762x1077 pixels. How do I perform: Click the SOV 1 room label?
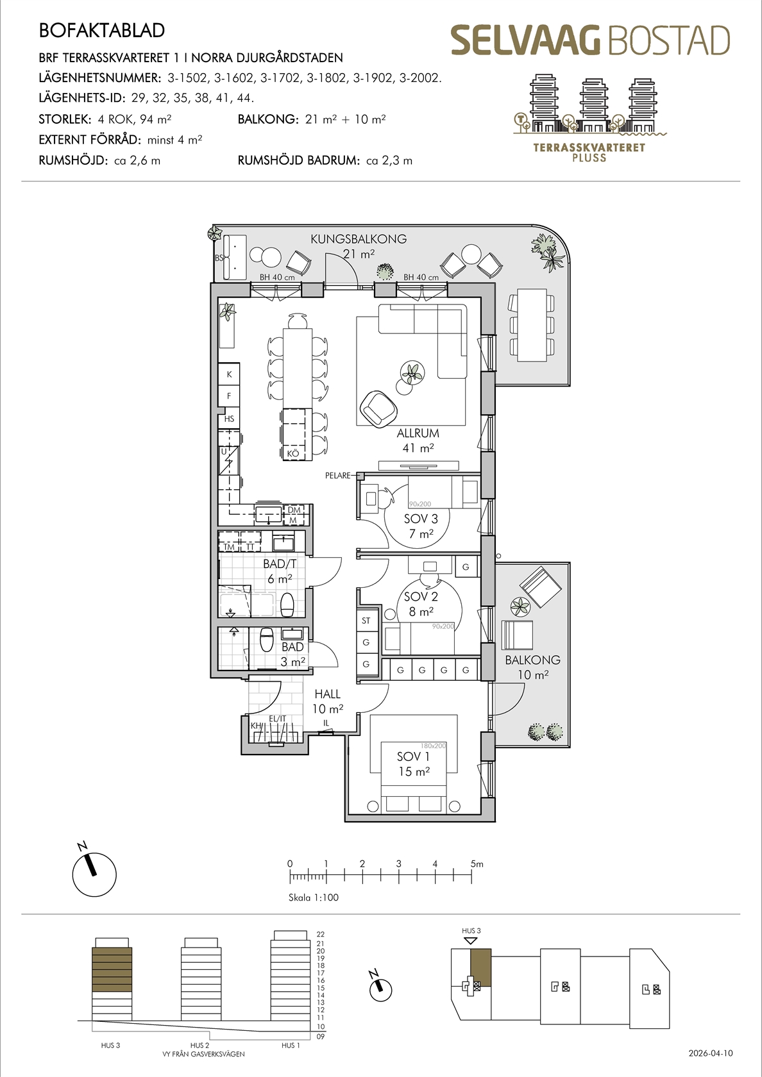tap(414, 756)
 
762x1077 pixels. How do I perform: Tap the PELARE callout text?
tap(337, 476)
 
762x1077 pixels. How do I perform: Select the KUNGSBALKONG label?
tap(359, 239)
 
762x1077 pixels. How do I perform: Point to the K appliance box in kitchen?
tap(230, 374)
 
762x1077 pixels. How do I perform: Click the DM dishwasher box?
tap(294, 510)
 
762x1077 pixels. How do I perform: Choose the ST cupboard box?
tap(366, 621)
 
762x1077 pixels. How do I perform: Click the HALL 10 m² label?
tap(328, 701)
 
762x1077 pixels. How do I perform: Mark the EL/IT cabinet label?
tap(277, 719)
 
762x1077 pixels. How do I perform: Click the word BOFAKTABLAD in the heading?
tap(102, 30)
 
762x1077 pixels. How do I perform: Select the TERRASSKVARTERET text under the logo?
tap(589, 147)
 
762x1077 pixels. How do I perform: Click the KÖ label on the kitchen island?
tap(293, 453)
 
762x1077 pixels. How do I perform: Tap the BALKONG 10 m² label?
tap(532, 667)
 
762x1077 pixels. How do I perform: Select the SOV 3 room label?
tap(421, 526)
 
